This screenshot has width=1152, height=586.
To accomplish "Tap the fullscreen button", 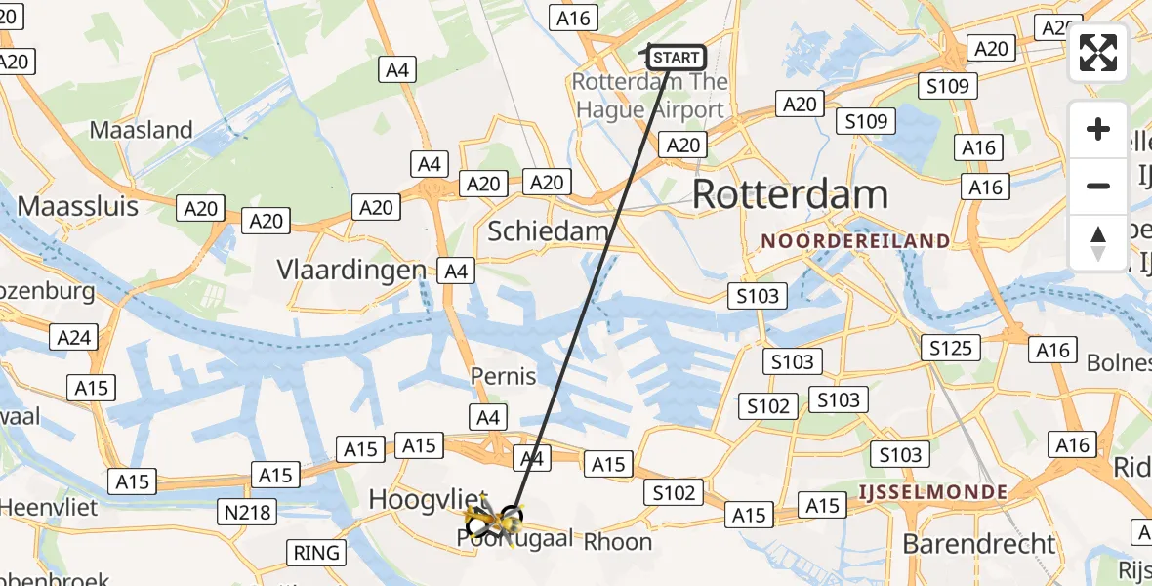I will click(1098, 53).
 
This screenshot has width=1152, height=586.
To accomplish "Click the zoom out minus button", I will click(1098, 186).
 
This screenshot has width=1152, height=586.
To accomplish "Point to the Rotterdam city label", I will click(790, 194).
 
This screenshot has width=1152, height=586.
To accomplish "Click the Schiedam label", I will click(549, 231).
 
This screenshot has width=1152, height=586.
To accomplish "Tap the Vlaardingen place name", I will click(351, 270).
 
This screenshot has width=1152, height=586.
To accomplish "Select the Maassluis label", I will click(78, 206).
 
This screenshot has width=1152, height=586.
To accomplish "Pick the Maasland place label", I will click(141, 130).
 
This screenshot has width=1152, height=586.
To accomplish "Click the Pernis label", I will click(504, 376).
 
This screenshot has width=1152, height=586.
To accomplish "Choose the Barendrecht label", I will click(979, 543).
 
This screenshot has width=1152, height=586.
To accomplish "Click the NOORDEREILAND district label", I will click(855, 240).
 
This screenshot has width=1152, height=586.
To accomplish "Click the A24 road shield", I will click(74, 338).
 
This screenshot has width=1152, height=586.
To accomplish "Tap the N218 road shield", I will click(250, 510).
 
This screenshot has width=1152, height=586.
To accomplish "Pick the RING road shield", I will click(317, 553).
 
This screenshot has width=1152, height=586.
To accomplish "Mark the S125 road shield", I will click(950, 347).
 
